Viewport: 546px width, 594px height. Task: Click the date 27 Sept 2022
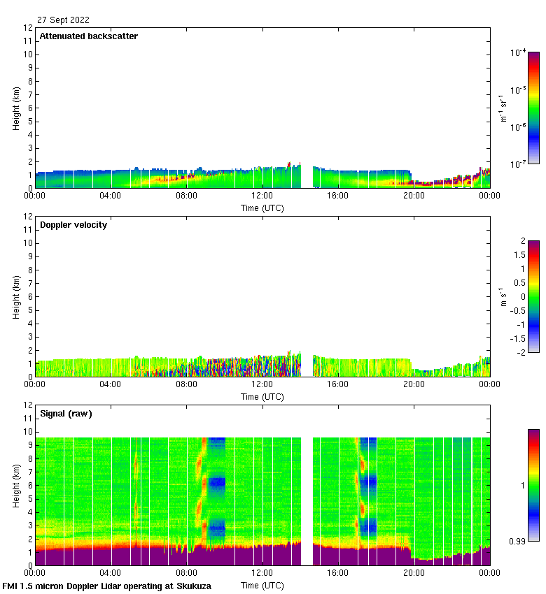pyautogui.click(x=63, y=20)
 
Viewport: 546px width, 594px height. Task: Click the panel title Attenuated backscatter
pyautogui.click(x=88, y=36)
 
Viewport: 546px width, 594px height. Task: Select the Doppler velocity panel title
pyautogui.click(x=73, y=225)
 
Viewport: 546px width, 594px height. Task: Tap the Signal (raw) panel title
pyautogui.click(x=66, y=414)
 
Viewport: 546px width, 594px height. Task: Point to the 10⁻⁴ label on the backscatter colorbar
pyautogui.click(x=519, y=53)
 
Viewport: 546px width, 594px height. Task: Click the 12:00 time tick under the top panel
pyautogui.click(x=262, y=196)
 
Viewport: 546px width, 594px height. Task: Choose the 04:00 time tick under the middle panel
pyautogui.click(x=111, y=384)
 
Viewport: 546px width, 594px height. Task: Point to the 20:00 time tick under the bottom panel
pyautogui.click(x=414, y=573)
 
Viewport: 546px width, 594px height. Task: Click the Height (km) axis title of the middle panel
pyautogui.click(x=16, y=296)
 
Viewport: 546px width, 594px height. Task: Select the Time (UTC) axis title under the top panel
pyautogui.click(x=262, y=208)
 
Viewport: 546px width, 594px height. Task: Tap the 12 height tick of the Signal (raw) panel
pyautogui.click(x=28, y=405)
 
